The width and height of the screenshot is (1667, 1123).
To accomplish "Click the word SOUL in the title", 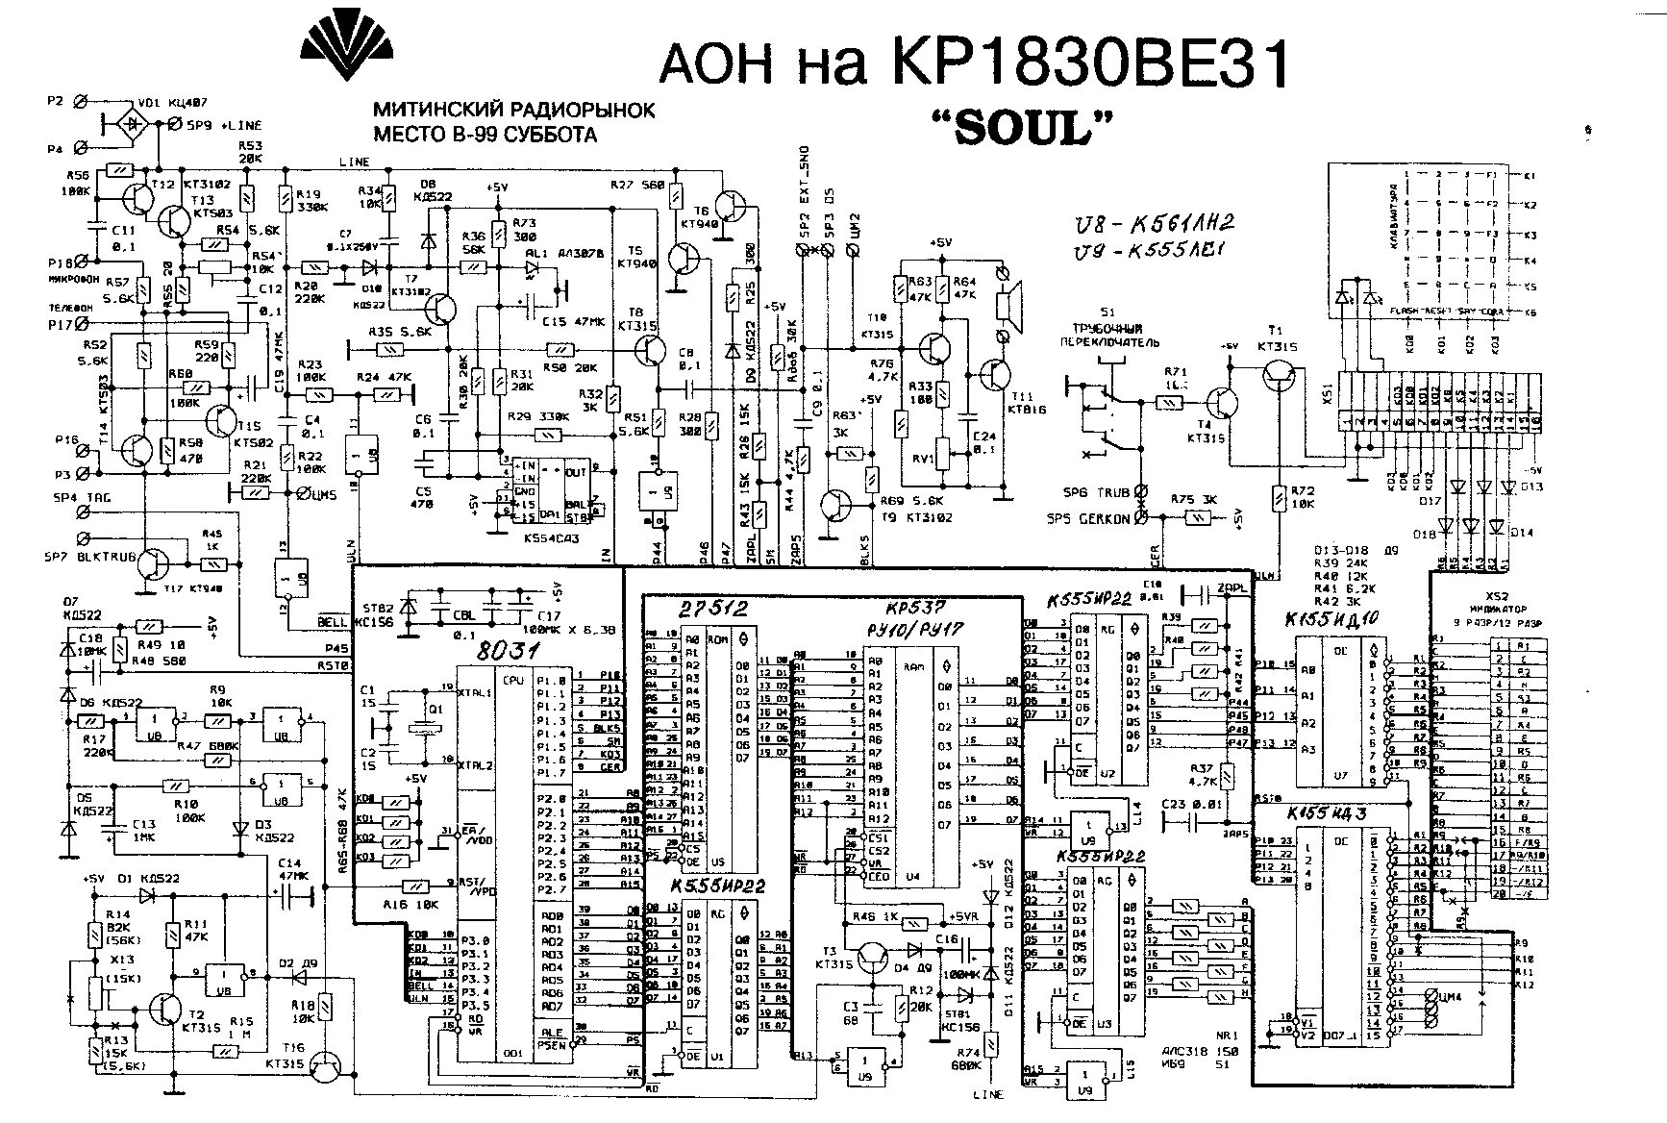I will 1022,127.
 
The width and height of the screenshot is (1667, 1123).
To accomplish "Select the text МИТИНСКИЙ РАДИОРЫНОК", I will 513,110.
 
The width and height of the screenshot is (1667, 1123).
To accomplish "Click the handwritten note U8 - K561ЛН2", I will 1155,223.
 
